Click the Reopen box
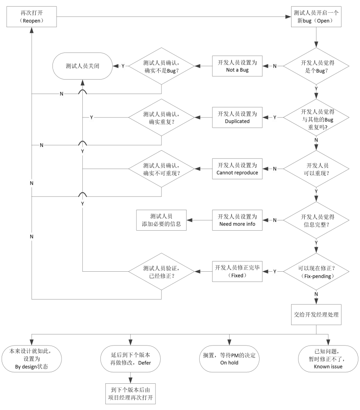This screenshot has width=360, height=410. pos(32,17)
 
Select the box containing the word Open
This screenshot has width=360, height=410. pos(316,17)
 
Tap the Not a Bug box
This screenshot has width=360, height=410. pos(237,66)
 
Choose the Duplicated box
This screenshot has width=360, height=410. pos(237,117)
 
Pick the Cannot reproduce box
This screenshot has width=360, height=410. pos(237,169)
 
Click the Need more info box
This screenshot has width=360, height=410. pos(237,220)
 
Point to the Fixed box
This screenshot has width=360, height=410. pos(237,271)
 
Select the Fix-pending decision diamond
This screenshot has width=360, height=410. pos(316,272)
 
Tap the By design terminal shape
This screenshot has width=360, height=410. pos(32,359)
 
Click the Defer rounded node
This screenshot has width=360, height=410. pos(130,359)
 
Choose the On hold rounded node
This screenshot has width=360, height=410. pos(229,359)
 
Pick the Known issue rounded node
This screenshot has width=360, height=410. pos(328,359)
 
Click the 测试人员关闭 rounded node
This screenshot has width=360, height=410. pos(82,66)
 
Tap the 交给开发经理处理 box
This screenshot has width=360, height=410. pos(316,314)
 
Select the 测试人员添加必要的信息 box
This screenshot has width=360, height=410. pos(161,220)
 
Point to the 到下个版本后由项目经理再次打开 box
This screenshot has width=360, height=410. pos(130,394)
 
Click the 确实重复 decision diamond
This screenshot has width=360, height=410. pos(162,117)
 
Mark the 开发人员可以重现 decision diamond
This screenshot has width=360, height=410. pos(316,169)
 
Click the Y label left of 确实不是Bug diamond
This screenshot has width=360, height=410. pos(123,66)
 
